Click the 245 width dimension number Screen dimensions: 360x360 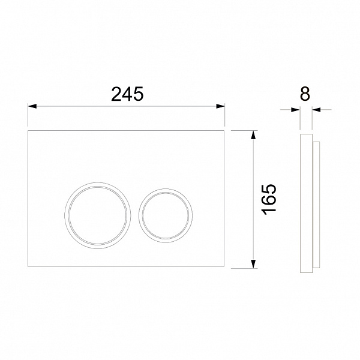[x=127, y=94]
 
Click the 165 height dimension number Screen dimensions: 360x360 [x=269, y=199]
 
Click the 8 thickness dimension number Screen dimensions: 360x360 [x=305, y=94]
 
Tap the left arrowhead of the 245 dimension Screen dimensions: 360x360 [x=32, y=106]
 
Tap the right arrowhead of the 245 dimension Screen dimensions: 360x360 [x=220, y=106]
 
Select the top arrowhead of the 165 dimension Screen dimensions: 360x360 [x=253, y=135]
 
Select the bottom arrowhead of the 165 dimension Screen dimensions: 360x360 [x=253, y=264]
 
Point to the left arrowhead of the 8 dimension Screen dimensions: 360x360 [x=295, y=110]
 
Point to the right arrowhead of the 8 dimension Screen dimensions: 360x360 [x=316, y=110]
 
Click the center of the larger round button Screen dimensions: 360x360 [x=98, y=215]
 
